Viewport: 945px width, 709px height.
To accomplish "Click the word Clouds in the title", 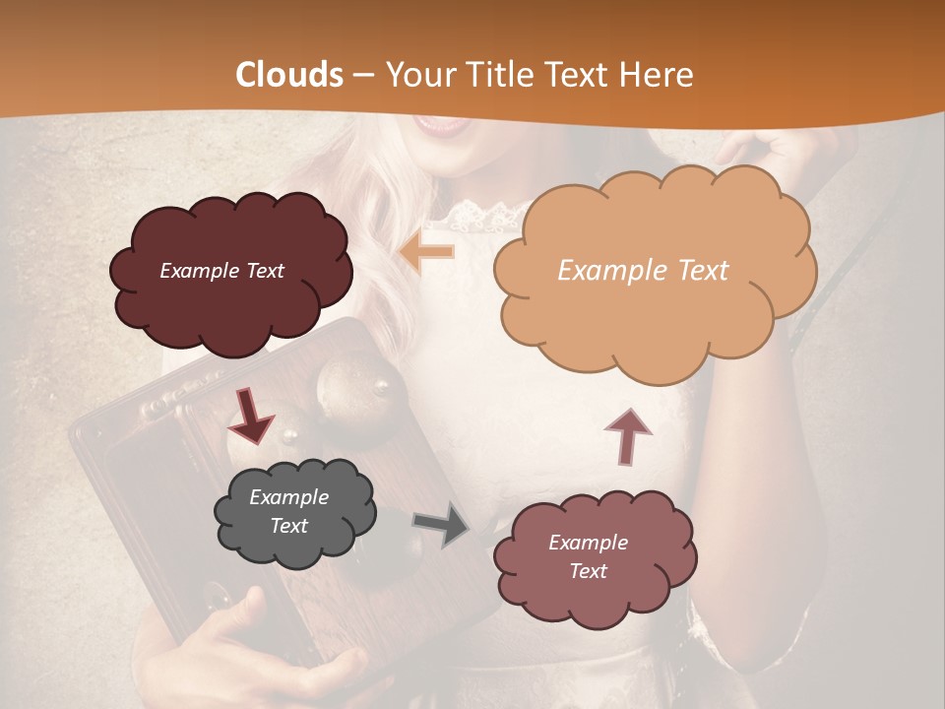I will (289, 75).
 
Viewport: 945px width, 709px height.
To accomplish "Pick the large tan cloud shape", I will (654, 271).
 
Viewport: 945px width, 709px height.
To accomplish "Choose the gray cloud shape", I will (294, 512).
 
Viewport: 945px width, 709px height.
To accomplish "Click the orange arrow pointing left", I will (427, 252).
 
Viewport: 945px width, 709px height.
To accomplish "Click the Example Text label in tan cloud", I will (643, 271).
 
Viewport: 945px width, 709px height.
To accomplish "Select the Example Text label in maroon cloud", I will (221, 271).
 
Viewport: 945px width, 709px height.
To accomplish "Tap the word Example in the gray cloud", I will (288, 497).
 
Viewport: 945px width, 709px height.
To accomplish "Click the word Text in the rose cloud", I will (588, 571).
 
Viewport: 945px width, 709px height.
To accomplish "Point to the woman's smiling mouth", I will (441, 125).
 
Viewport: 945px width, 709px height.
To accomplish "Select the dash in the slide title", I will (362, 75).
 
